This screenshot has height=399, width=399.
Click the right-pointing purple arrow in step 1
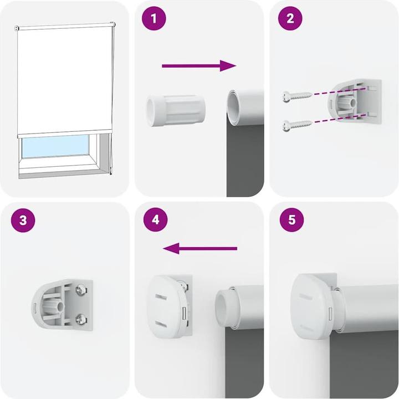(x=199, y=65)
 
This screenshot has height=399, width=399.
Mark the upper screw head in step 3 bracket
(x=81, y=289)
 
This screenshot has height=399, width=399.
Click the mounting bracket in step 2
(x=355, y=104)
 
